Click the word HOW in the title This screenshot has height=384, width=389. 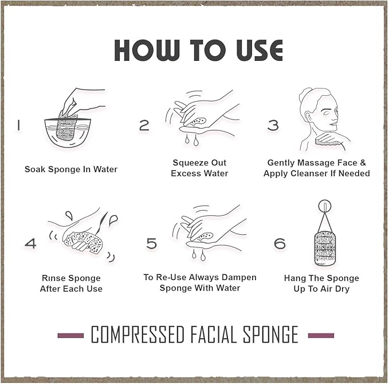[147, 50]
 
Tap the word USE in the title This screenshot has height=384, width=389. [260, 50]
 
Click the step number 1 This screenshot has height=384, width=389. [18, 125]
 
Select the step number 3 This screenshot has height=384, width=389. [273, 125]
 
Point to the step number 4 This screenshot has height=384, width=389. [31, 243]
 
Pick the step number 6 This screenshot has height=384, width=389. [280, 243]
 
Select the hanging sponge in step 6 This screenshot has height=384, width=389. [325, 249]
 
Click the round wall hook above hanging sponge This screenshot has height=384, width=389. [325, 206]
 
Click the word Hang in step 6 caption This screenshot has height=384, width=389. [294, 278]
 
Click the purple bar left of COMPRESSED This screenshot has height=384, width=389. [70, 336]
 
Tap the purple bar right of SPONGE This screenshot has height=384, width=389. [321, 336]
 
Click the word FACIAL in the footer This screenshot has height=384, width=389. [213, 335]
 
